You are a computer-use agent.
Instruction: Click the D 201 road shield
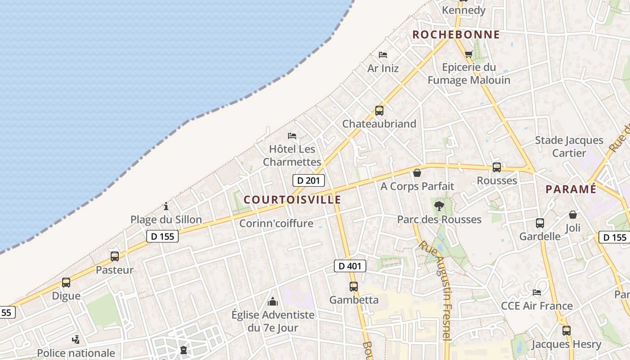pos(308,180)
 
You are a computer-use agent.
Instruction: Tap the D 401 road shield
pos(350,266)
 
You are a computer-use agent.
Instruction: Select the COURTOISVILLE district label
pos(292,199)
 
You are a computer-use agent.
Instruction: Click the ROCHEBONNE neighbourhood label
pos(456,35)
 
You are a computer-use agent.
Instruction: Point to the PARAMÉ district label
pos(571,189)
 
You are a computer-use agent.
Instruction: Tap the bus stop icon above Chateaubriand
pos(379,110)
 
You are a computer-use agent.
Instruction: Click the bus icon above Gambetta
pos(354,286)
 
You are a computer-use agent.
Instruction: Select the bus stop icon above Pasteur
pos(115,256)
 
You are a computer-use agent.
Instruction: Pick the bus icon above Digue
pos(66,283)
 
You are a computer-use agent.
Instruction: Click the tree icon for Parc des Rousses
pos(439,206)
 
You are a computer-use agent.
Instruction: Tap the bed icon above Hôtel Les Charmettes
pos(292,136)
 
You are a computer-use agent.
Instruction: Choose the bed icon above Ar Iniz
pos(383,55)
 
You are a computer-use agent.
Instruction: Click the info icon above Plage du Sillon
pos(166,207)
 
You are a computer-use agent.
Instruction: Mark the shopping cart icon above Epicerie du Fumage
pos(468,54)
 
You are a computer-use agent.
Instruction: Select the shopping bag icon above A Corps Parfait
pos(417,173)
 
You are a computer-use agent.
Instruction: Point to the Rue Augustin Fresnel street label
pos(441,288)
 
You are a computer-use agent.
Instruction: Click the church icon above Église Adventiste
pos(273,301)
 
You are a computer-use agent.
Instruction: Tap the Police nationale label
pos(76,353)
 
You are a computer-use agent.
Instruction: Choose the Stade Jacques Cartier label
pos(569,146)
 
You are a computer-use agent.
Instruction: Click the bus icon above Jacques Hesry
pos(566,331)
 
